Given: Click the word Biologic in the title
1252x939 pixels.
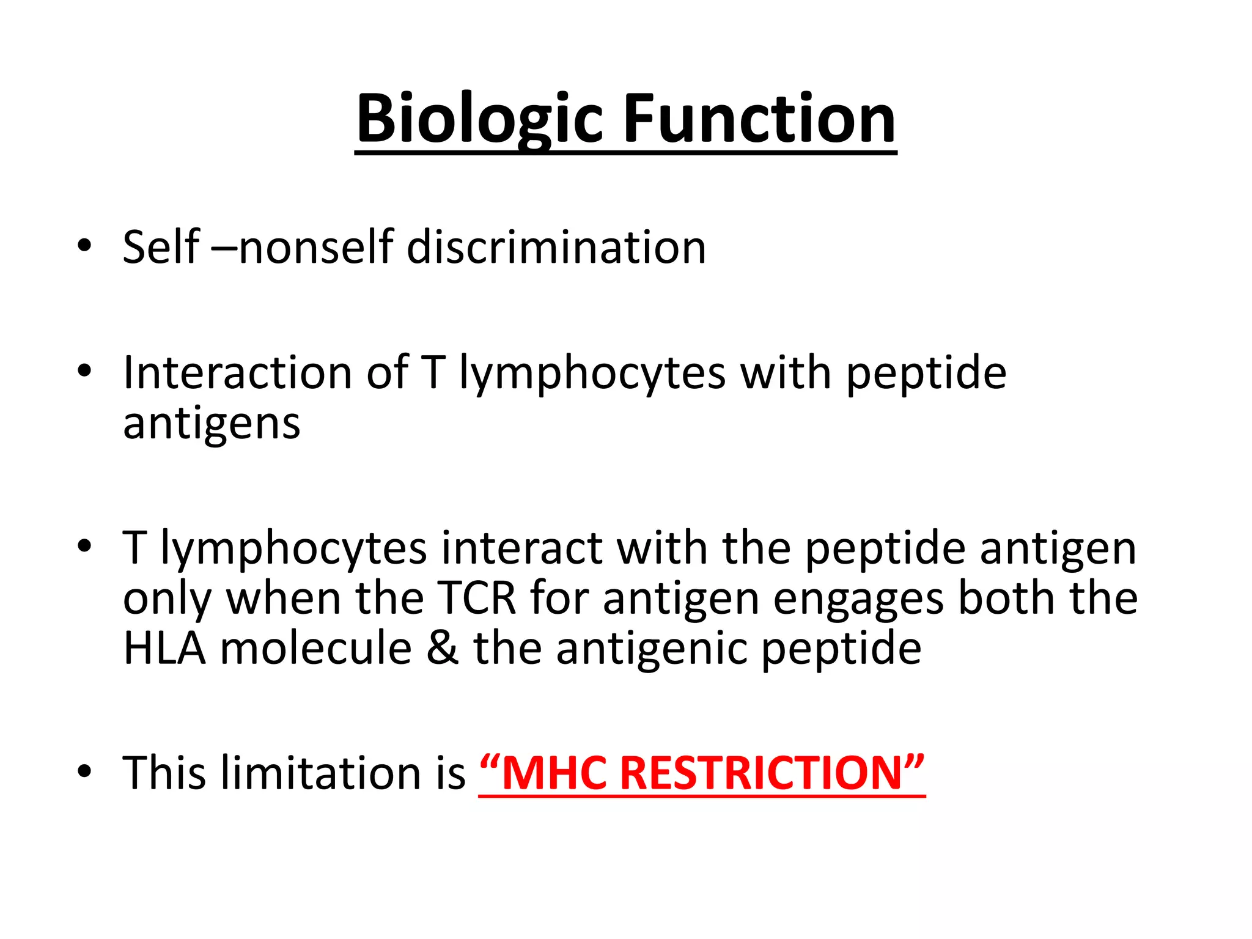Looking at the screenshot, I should (480, 119).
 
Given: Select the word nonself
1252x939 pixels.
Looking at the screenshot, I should (315, 248).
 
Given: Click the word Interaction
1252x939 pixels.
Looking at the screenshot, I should (237, 372).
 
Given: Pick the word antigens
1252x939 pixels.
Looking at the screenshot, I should (212, 424).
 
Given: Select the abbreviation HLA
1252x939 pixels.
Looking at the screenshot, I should (164, 647).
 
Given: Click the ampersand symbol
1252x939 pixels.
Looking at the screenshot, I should (443, 647).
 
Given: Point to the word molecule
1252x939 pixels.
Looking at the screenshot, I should (316, 647).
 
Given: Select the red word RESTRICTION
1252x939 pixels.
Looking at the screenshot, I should (762, 773).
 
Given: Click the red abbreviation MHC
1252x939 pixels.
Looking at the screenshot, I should (553, 773).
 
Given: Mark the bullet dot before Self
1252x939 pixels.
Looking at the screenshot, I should (84, 246).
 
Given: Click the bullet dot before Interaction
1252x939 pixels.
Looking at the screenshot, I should (84, 371).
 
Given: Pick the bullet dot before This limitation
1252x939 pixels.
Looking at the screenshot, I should (84, 771).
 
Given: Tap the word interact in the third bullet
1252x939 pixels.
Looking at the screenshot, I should (521, 548).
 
